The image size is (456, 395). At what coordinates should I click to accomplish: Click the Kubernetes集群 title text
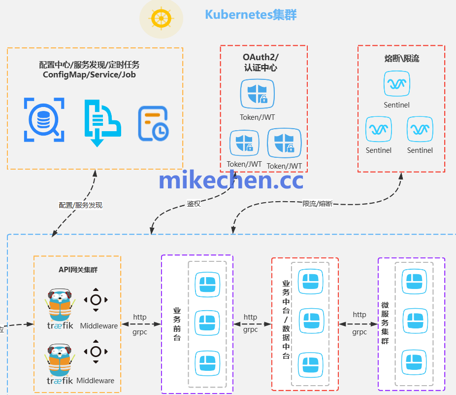click(x=251, y=14)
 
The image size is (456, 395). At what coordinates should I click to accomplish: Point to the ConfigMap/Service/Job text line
click(x=89, y=75)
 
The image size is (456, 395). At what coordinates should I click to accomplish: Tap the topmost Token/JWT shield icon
click(x=258, y=94)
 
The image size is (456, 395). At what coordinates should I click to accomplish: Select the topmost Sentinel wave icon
click(x=397, y=84)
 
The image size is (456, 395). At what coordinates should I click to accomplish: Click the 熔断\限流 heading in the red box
click(x=401, y=59)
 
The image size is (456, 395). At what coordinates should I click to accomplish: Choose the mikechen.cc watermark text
click(x=231, y=180)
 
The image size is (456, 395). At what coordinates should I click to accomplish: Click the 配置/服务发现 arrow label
click(x=80, y=205)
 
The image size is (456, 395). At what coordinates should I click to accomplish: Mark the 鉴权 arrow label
click(x=194, y=204)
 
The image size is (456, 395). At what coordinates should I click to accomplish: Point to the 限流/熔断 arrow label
click(x=317, y=203)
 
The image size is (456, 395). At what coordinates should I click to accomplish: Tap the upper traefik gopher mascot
click(x=60, y=302)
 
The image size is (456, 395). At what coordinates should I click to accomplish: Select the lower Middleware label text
click(x=95, y=381)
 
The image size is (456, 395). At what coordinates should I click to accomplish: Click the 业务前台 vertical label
click(x=177, y=324)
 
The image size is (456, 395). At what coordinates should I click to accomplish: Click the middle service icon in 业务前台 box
click(x=207, y=323)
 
